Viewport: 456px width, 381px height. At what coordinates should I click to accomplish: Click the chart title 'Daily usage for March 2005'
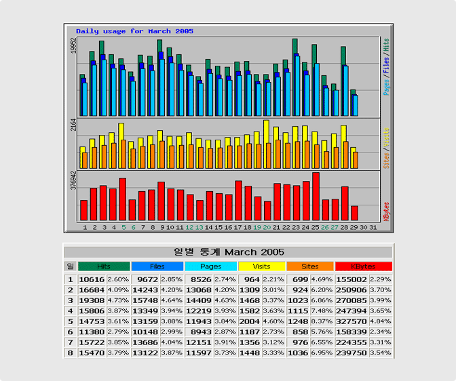[x=134, y=31]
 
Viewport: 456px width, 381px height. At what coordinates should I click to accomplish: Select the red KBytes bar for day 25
[x=316, y=197]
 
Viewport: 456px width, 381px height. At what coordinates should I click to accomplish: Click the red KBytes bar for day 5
[x=123, y=199]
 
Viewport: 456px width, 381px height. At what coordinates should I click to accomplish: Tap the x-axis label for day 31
[x=373, y=227]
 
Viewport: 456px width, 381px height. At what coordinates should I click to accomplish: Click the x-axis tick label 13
[x=199, y=227]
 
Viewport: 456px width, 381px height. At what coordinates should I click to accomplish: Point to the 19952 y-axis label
[x=73, y=46]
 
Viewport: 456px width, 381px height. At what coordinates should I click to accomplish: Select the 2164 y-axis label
[x=73, y=126]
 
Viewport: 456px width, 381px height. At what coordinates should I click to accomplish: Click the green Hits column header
[x=103, y=266]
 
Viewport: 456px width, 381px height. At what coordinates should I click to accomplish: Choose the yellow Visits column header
[x=261, y=266]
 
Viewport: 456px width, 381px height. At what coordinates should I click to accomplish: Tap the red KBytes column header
[x=363, y=266]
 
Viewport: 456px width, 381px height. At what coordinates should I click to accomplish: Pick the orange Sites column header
[x=310, y=266]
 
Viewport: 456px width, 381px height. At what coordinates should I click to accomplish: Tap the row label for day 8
[x=70, y=353]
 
